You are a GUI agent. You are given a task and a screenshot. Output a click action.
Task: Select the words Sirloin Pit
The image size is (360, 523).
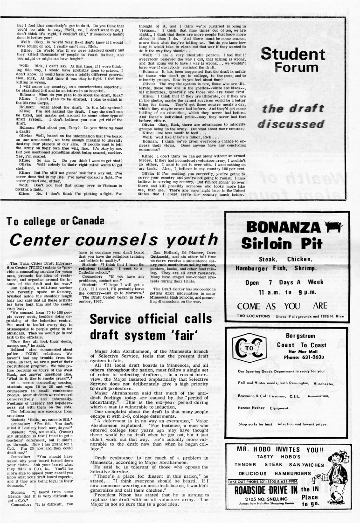[x=286, y=243]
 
